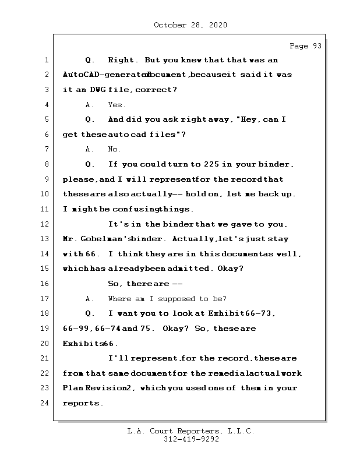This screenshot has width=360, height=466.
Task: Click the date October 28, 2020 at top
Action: click(190, 25)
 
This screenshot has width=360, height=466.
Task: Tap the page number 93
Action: click(317, 46)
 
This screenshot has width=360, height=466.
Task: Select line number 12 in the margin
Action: click(45, 224)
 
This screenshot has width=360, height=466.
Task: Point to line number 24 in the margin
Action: click(45, 403)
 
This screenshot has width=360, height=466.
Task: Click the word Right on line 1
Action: click(121, 60)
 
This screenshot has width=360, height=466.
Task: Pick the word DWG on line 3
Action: click(98, 90)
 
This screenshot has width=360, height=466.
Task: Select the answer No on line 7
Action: click(113, 149)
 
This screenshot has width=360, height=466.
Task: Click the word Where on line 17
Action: click(119, 298)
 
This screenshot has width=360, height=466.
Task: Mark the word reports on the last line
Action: click(81, 403)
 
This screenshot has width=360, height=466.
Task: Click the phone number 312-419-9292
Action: click(191, 439)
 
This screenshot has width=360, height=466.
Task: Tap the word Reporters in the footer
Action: click(198, 431)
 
